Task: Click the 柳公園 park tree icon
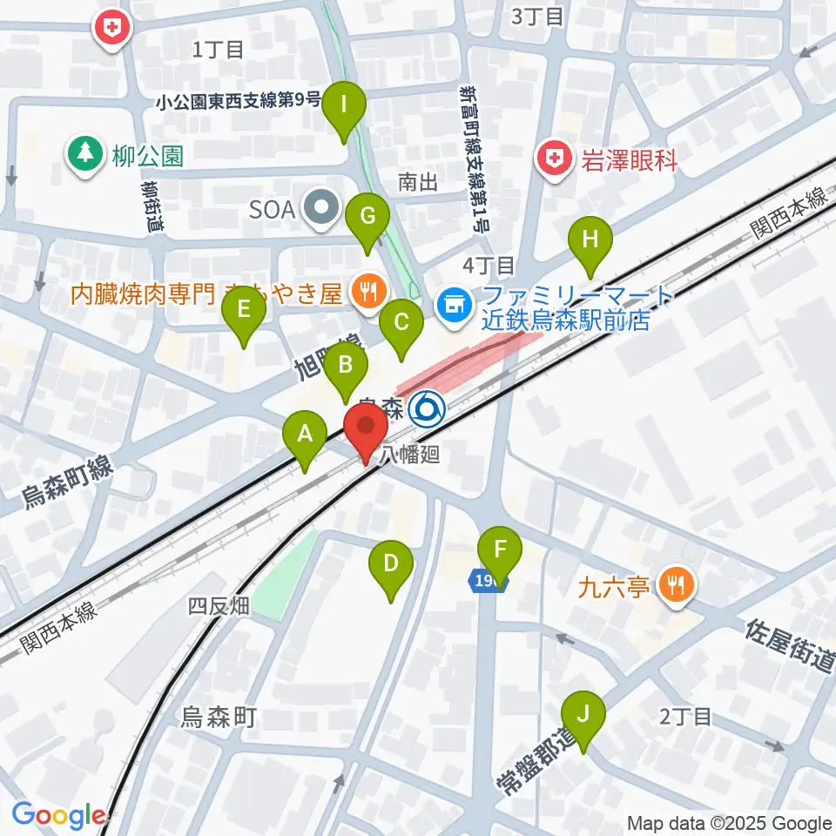(84, 155)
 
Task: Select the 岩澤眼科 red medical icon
(555, 158)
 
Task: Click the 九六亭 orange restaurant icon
(675, 583)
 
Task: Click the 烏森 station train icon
(428, 407)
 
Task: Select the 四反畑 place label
(219, 606)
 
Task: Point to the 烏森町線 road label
(67, 482)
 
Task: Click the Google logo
(59, 815)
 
